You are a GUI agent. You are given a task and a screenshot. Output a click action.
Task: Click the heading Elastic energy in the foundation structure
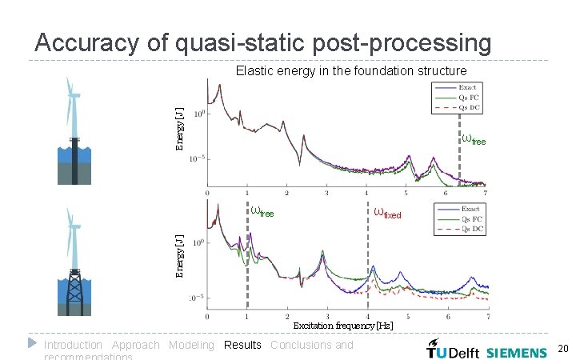click(351, 71)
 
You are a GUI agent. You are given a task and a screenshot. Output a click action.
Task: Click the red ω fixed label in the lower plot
click(387, 213)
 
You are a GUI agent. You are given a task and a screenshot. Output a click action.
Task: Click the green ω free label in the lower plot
click(262, 212)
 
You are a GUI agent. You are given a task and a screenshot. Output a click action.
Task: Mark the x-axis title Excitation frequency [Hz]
click(342, 326)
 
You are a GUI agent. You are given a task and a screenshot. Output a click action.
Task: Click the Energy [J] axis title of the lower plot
click(180, 255)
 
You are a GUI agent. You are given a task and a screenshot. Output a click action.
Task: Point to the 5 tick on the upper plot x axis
click(406, 193)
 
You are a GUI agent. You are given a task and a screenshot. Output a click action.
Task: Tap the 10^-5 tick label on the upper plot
click(198, 159)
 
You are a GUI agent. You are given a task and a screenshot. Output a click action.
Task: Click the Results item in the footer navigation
click(242, 345)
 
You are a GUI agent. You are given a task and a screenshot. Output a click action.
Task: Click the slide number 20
click(562, 349)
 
